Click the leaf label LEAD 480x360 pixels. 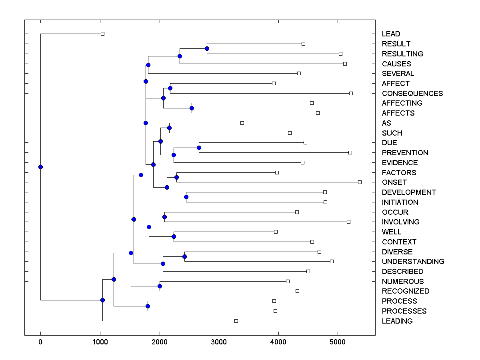click(391, 34)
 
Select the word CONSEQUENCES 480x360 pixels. click(412, 94)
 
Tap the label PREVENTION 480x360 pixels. click(405, 153)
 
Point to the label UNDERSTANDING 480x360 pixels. click(413, 262)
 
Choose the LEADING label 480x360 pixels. click(397, 321)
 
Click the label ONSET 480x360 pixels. click(394, 182)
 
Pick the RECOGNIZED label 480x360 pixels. click(406, 291)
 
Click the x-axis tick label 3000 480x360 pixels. click(219, 342)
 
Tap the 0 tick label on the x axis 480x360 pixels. click(40, 342)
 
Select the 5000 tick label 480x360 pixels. click(338, 342)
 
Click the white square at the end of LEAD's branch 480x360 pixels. click(102, 34)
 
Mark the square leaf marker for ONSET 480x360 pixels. click(360, 182)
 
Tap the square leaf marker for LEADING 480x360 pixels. click(236, 321)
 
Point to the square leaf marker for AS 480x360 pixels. click(242, 123)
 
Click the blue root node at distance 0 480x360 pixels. click(40, 167)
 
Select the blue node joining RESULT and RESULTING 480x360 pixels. click(207, 48)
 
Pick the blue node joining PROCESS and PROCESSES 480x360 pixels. click(148, 306)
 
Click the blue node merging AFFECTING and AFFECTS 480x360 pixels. click(192, 108)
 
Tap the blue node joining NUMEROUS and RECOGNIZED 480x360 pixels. click(160, 286)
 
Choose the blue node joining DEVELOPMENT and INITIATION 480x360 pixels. click(186, 197)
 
